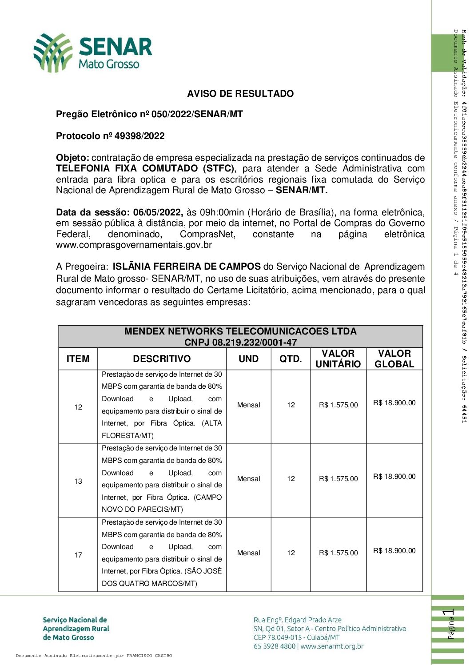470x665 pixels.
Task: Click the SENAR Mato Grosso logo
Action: pyautogui.click(x=93, y=52)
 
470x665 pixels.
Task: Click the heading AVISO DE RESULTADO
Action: pyautogui.click(x=240, y=94)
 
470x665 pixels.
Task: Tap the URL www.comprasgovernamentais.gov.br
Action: pyautogui.click(x=134, y=245)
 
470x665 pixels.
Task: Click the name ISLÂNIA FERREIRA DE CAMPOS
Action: pyautogui.click(x=187, y=267)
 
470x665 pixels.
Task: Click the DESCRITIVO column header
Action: pyautogui.click(x=162, y=359)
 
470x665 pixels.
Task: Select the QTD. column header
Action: pyautogui.click(x=291, y=359)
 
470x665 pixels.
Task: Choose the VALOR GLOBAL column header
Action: pyautogui.click(x=394, y=359)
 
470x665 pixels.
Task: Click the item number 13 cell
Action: pyautogui.click(x=78, y=481)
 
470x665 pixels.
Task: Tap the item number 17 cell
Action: pyautogui.click(x=78, y=555)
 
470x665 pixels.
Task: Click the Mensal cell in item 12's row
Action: pyautogui.click(x=248, y=405)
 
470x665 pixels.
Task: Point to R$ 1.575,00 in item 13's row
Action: pyautogui.click(x=338, y=479)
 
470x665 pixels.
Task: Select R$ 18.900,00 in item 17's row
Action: pyautogui.click(x=394, y=551)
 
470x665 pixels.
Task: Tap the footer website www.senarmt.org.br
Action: pyautogui.click(x=332, y=646)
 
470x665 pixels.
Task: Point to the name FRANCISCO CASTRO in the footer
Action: pyautogui.click(x=149, y=656)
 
